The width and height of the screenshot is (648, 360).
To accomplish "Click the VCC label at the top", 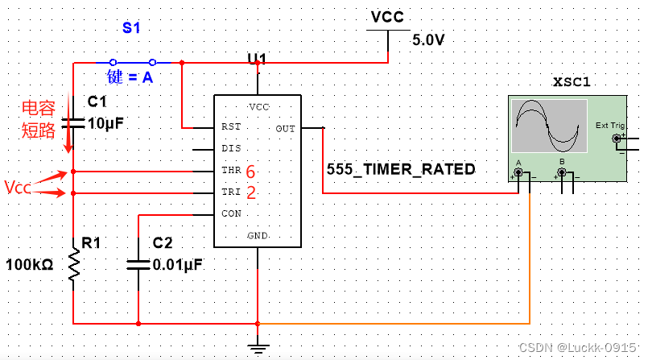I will pyautogui.click(x=387, y=17).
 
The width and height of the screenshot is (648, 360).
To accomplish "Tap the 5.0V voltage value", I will pyautogui.click(x=428, y=39).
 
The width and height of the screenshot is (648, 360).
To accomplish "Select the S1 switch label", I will pyautogui.click(x=131, y=28).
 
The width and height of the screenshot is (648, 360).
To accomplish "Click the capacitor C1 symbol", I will pyautogui.click(x=73, y=122).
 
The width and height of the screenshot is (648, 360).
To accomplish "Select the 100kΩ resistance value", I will pyautogui.click(x=29, y=265).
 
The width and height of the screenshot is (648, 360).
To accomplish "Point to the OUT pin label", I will pyautogui.click(x=285, y=128).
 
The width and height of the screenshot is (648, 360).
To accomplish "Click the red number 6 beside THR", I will pyautogui.click(x=250, y=172).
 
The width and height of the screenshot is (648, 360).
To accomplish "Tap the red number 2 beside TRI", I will pyautogui.click(x=250, y=193).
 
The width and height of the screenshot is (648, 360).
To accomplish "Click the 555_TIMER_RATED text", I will pyautogui.click(x=401, y=170).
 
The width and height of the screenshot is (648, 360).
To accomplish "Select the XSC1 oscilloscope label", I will pyautogui.click(x=572, y=82).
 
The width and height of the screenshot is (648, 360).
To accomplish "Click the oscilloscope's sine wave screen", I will pyautogui.click(x=547, y=125).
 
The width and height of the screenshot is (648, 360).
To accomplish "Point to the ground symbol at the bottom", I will pyautogui.click(x=258, y=348).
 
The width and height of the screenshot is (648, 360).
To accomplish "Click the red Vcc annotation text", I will pyautogui.click(x=18, y=188).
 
